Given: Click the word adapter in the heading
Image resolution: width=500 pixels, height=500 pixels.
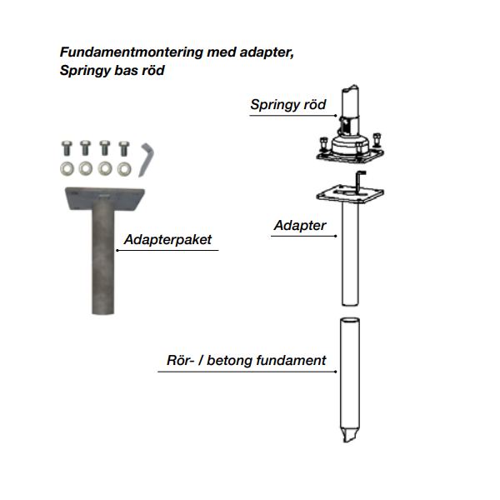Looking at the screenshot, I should (x=269, y=52).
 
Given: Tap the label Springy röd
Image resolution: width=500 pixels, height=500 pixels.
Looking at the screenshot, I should (x=288, y=105).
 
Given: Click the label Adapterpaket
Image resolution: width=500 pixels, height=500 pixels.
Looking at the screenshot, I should (x=167, y=240).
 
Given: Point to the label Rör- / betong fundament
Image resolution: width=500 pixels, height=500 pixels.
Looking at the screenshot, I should (x=242, y=361).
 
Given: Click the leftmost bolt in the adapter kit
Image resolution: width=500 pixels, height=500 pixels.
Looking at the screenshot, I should (x=66, y=148).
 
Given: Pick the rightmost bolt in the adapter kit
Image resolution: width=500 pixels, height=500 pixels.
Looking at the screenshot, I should (x=124, y=148).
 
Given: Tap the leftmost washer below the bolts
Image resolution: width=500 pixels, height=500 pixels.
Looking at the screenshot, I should (x=66, y=169).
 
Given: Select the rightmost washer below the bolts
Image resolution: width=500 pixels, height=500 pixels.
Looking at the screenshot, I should (x=124, y=169).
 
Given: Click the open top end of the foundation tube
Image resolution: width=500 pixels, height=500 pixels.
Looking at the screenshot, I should (x=350, y=321).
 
